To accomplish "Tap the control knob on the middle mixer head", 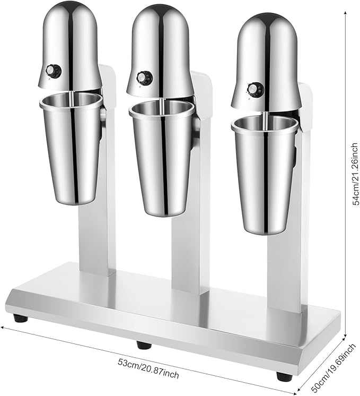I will coord(144,77).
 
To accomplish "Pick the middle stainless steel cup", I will coord(162,159).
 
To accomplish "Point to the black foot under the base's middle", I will coord(143,345).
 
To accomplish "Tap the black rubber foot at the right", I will coord(284,375).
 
